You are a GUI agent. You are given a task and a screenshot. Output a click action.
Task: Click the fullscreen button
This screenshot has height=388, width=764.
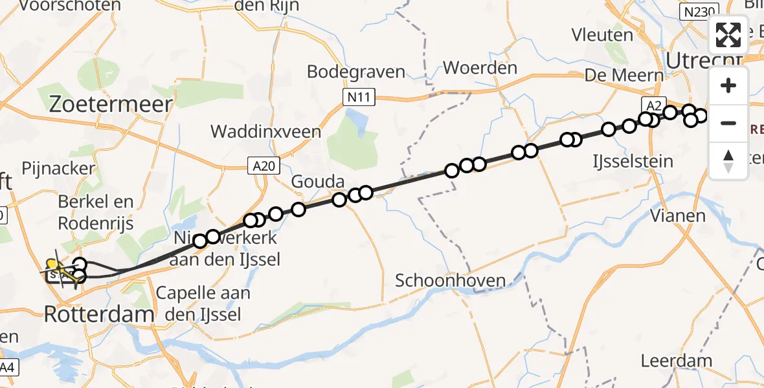pyautogui.click(x=728, y=35)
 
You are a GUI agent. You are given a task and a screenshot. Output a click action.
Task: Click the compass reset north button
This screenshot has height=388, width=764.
pyautogui.click(x=728, y=161)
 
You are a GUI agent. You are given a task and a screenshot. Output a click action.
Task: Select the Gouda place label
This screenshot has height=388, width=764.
pyautogui.click(x=317, y=182)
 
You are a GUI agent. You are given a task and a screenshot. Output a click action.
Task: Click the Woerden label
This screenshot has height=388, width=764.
pyautogui.click(x=480, y=68)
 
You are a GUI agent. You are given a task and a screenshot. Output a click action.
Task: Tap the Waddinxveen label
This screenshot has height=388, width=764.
pyautogui.click(x=266, y=132)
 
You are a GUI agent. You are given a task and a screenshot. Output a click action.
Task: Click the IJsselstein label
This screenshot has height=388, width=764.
pyautogui.click(x=633, y=161)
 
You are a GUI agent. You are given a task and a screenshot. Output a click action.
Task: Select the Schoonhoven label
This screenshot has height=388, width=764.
pyautogui.click(x=450, y=281)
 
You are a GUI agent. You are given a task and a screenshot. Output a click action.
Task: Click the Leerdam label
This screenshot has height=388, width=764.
pyautogui.click(x=676, y=361)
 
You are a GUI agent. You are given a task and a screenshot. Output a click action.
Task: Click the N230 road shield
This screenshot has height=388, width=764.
pyautogui.click(x=694, y=11)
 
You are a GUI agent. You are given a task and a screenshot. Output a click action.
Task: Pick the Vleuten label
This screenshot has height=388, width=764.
pyautogui.click(x=602, y=34)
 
